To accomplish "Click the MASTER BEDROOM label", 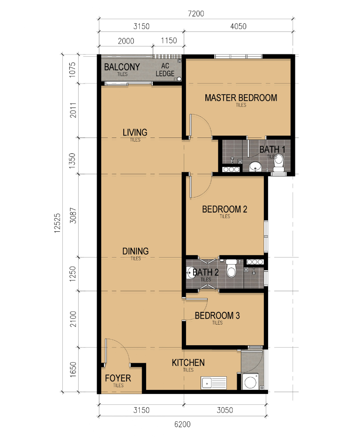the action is pos(241,98).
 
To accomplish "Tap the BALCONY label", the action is pos(122,67).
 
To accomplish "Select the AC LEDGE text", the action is pos(165,69).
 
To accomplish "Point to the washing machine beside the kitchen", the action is pos(250,381).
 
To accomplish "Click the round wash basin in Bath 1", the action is pos(255,167).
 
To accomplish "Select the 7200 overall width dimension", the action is pos(196,14).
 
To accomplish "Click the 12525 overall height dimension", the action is pos(57,223).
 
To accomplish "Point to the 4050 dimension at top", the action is pos(238,26).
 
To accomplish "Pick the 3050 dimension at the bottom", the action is pos(225,410).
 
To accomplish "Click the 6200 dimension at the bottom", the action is pos(182,424).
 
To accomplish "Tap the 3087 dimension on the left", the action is pos(73,215).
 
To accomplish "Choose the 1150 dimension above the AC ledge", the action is pos(169,40).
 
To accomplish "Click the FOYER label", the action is pos(118,378).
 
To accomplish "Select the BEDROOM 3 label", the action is pos(217,316).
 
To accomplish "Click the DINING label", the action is pos(135,251).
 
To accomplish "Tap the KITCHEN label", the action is pos(188,363).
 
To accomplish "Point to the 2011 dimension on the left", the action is pos(73,110).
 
